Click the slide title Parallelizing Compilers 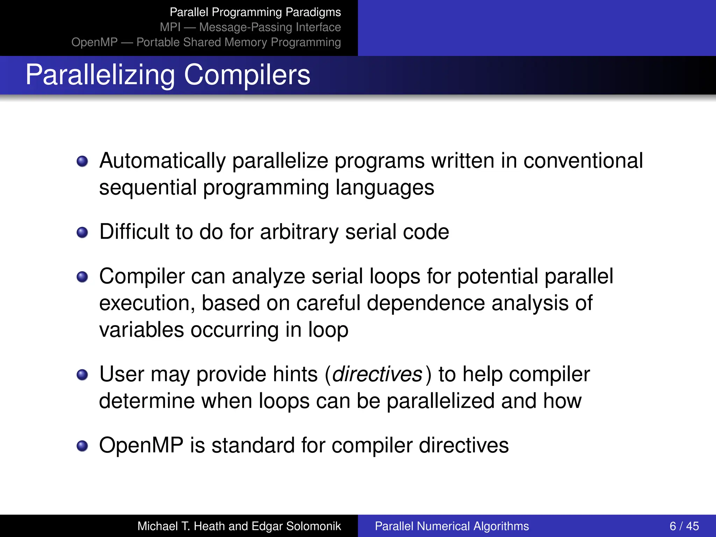click(168, 75)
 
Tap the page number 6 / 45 click(684, 526)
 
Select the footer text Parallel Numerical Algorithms click(452, 526)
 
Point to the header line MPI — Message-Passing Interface click(250, 27)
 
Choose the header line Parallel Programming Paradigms click(255, 12)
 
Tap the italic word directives click(377, 374)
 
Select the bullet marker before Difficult click(83, 232)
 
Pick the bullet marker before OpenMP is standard click(83, 446)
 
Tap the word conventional click(583, 161)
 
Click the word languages click(385, 188)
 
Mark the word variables click(142, 330)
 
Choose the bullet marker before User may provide click(83, 375)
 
